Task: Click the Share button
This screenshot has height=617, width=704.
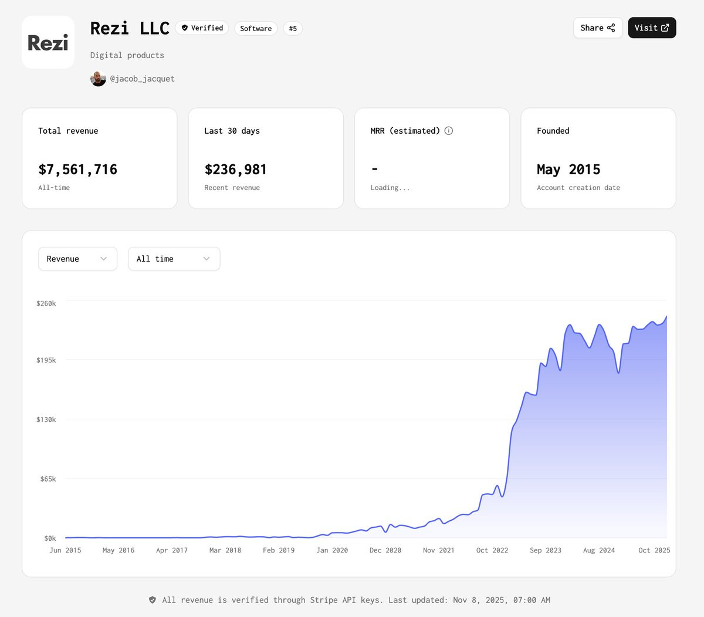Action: (x=598, y=28)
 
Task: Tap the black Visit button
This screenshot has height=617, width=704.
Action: (x=652, y=28)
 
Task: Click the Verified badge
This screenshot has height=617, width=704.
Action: (x=202, y=28)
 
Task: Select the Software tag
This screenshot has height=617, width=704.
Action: (x=256, y=29)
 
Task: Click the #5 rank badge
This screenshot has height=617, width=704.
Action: (x=293, y=29)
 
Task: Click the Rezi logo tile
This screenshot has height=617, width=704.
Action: (x=48, y=42)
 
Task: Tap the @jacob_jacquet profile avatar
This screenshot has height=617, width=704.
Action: (x=98, y=79)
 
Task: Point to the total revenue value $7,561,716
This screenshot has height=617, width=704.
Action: (x=78, y=169)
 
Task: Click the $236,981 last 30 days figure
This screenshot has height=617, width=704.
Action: (x=236, y=169)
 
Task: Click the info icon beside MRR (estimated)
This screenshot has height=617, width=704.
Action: (x=449, y=131)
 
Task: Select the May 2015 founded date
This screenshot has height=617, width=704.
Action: (x=568, y=169)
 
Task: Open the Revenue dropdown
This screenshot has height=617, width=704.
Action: (x=78, y=259)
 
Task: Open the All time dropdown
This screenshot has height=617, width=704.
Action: (x=174, y=259)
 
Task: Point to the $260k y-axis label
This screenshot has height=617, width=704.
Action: (x=46, y=303)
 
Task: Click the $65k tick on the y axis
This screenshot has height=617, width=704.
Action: (x=48, y=479)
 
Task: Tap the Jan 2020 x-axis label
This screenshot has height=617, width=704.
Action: (x=332, y=550)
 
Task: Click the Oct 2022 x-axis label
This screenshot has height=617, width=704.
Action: (x=492, y=550)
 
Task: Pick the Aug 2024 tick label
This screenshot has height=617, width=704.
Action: (x=599, y=550)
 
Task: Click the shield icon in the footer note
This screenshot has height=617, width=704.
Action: (x=152, y=600)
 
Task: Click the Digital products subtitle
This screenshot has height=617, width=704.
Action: (x=127, y=55)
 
